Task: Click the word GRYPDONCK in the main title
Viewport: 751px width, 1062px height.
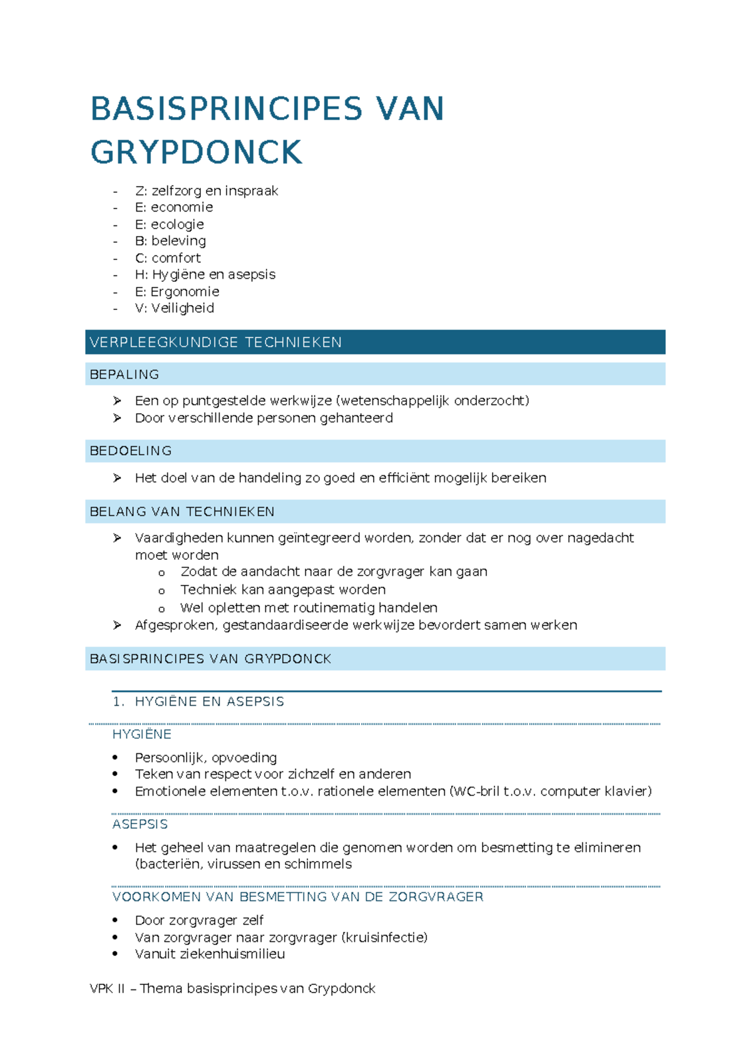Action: point(197,153)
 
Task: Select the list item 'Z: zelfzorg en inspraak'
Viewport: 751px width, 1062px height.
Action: point(206,191)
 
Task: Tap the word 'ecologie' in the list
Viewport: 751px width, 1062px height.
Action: point(177,224)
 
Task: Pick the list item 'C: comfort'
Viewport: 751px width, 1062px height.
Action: point(168,258)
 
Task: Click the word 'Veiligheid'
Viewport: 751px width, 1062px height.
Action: point(183,308)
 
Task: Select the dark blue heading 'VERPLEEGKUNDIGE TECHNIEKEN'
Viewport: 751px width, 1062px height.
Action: point(216,343)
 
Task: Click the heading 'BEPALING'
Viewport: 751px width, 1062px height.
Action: point(125,374)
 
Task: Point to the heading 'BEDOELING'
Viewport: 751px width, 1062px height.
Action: point(131,451)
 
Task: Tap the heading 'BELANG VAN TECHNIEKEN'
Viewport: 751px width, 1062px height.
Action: point(182,512)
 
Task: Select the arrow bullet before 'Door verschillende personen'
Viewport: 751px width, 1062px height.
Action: point(117,418)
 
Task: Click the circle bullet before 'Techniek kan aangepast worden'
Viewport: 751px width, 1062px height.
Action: point(161,590)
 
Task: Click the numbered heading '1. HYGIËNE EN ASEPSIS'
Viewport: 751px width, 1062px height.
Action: point(198,701)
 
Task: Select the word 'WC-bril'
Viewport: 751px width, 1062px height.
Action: point(476,791)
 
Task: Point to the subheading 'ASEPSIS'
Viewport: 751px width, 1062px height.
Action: point(140,824)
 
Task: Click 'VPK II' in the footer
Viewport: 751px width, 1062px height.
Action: point(108,989)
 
